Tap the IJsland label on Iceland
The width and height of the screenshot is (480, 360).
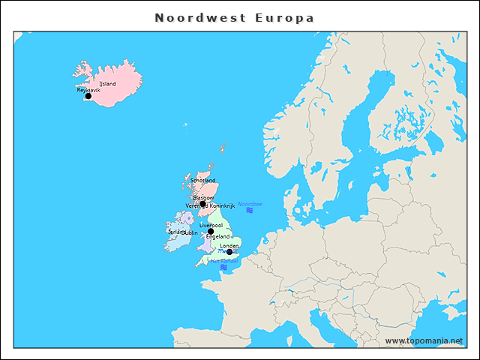pos(108,84)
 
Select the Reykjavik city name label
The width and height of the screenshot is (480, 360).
pos(88,90)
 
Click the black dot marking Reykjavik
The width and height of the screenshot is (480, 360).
pos(88,96)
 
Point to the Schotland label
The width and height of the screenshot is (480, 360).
pos(203,181)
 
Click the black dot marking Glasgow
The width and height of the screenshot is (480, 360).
pos(202,203)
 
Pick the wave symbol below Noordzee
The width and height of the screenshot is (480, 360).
pos(250,211)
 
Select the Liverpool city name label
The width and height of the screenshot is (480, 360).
pos(211,225)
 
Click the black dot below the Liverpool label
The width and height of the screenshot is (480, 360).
pos(211,232)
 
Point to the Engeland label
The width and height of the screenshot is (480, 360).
pos(217,237)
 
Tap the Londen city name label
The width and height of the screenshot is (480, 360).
pos(229,246)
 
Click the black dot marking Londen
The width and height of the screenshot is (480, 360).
pos(229,252)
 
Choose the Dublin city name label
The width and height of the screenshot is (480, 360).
pos(190,232)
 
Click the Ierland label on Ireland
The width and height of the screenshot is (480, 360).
pos(175,232)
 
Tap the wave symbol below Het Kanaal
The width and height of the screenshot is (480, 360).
pos(223,267)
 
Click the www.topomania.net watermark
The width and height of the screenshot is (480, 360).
pos(424,340)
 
